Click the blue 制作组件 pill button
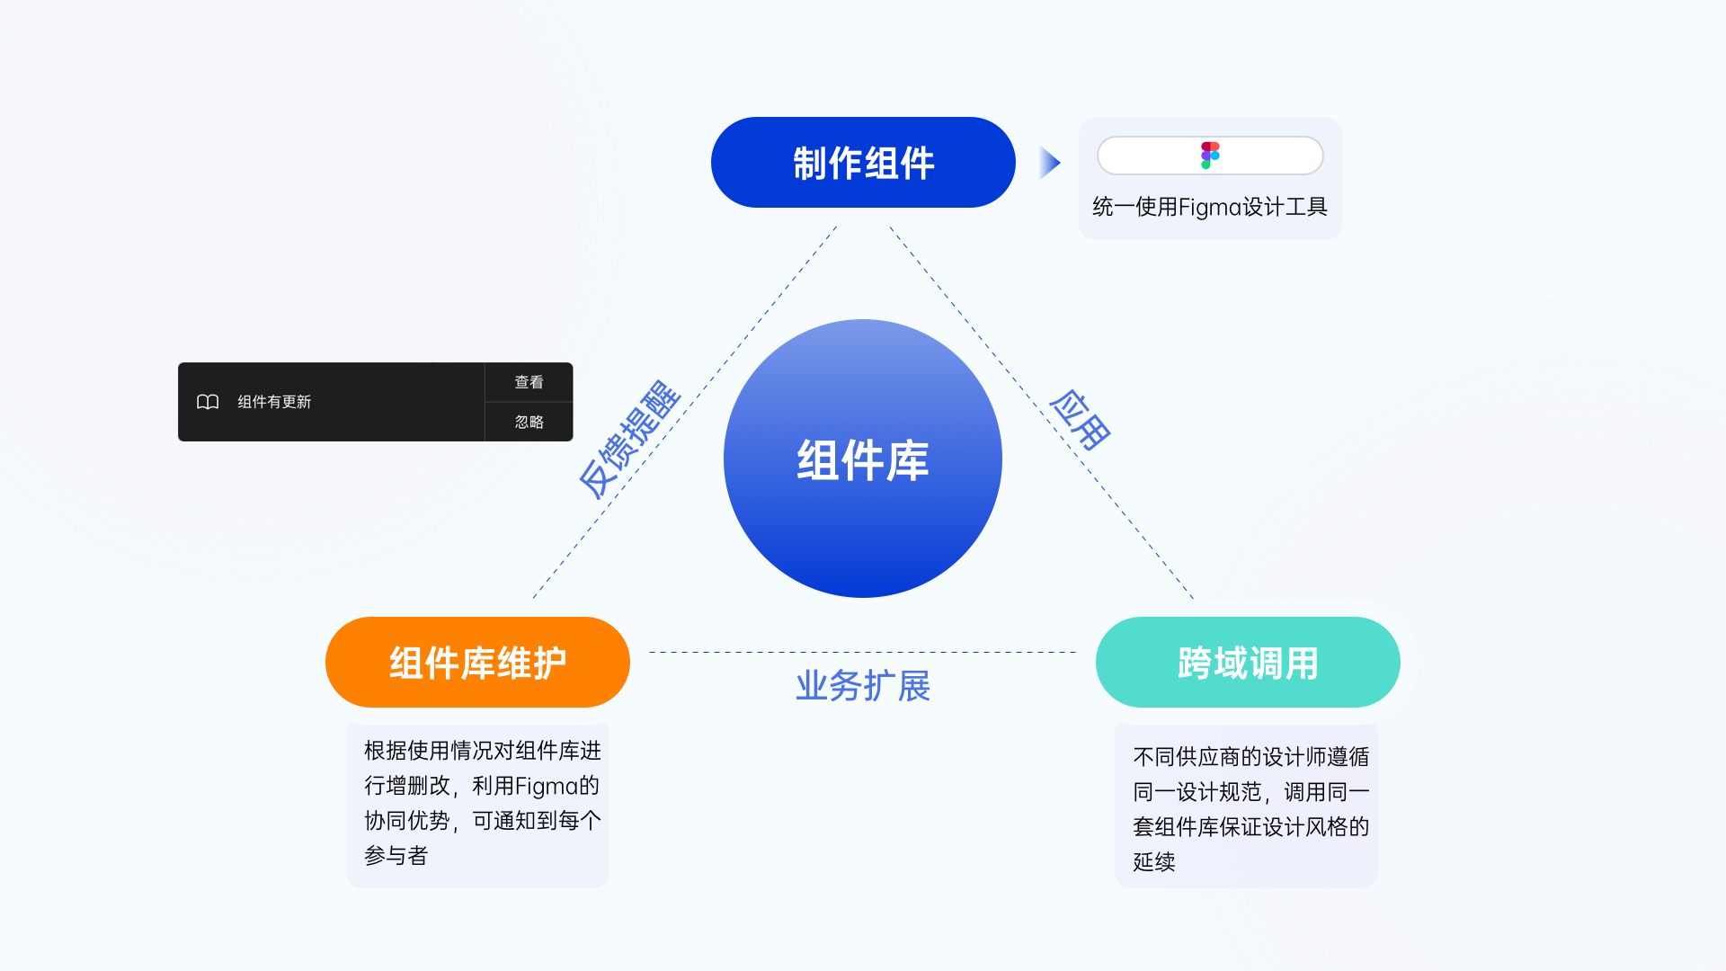coord(863,163)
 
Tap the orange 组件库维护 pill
coord(477,663)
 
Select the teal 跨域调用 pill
coord(1248,663)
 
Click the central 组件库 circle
coord(863,459)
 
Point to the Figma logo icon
coord(1210,156)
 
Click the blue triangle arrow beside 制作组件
coord(1049,163)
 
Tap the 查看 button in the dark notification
coord(529,382)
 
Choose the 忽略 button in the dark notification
coord(529,422)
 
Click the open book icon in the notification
coord(208,402)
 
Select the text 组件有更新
coord(274,402)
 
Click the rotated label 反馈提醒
coord(629,439)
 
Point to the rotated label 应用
coord(1081,419)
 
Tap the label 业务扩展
coord(863,686)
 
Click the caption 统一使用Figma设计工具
coord(1210,207)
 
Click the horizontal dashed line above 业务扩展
coord(863,652)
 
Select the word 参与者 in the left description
coord(396,856)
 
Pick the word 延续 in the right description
coord(1154,862)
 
